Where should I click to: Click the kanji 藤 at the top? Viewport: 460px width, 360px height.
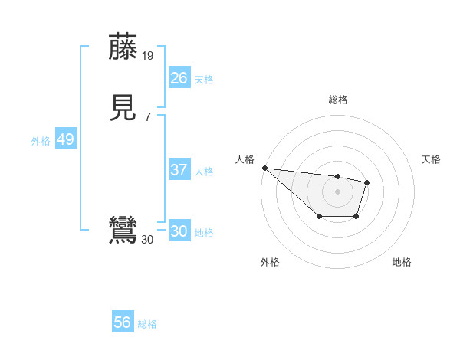coord(123,47)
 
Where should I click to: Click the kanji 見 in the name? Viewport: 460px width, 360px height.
coord(123,108)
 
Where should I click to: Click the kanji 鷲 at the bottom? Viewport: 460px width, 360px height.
coord(123,231)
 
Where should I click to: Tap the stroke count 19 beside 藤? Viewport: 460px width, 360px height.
coord(148,56)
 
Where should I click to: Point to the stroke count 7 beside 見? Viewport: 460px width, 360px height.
coord(148,116)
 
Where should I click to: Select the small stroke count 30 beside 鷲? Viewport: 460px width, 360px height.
coord(148,240)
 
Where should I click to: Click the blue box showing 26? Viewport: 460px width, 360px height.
coord(179,77)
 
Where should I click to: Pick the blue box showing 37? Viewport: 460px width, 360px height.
coord(179,170)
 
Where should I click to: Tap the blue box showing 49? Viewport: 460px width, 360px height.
coord(65,139)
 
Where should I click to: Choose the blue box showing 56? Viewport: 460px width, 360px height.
coord(123,322)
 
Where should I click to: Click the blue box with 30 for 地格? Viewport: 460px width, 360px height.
coord(179,231)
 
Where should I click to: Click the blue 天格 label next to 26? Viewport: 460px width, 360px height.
coord(204,79)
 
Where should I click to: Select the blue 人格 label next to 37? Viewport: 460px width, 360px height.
coord(204,172)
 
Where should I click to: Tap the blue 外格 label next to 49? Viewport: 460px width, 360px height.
coord(41,141)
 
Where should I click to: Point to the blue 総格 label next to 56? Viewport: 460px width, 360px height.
coord(148,324)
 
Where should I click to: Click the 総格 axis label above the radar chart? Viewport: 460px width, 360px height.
coord(337,100)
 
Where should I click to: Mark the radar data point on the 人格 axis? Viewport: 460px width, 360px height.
coord(264,168)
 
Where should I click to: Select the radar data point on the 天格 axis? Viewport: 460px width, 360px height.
coord(367,182)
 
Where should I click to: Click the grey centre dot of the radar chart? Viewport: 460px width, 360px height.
coord(337,191)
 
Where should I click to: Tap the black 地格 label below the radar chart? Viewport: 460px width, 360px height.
coord(402,262)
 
